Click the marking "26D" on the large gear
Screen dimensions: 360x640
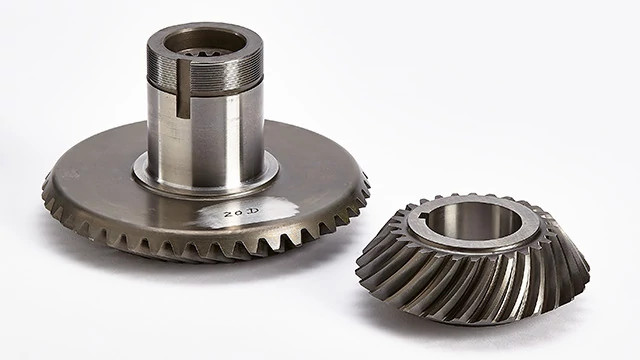[x=242, y=213]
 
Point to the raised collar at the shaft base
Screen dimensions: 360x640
[x=205, y=180]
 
